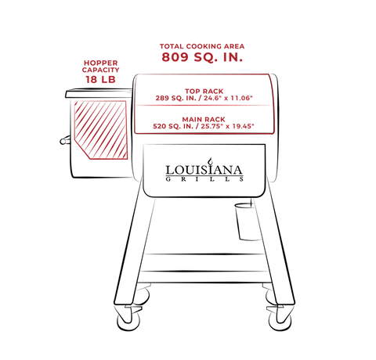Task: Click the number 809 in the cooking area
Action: (x=175, y=57)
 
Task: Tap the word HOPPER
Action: (x=101, y=63)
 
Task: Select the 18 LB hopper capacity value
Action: (x=100, y=79)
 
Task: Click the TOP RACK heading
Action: (x=204, y=92)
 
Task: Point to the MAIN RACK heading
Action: (x=204, y=120)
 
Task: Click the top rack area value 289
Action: (x=162, y=99)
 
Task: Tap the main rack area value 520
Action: (x=160, y=126)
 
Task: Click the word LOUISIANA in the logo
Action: (x=204, y=170)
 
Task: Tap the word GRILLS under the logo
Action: (x=204, y=179)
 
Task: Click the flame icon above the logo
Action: (x=210, y=161)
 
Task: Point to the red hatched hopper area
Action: (x=101, y=130)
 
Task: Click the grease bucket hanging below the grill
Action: (x=248, y=221)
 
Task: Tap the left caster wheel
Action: (x=128, y=319)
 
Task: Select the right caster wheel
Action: (x=280, y=319)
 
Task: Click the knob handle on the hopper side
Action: (x=65, y=140)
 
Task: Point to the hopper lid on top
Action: (x=99, y=93)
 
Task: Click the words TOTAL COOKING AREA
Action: (x=202, y=46)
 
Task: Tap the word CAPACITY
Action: (x=101, y=70)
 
